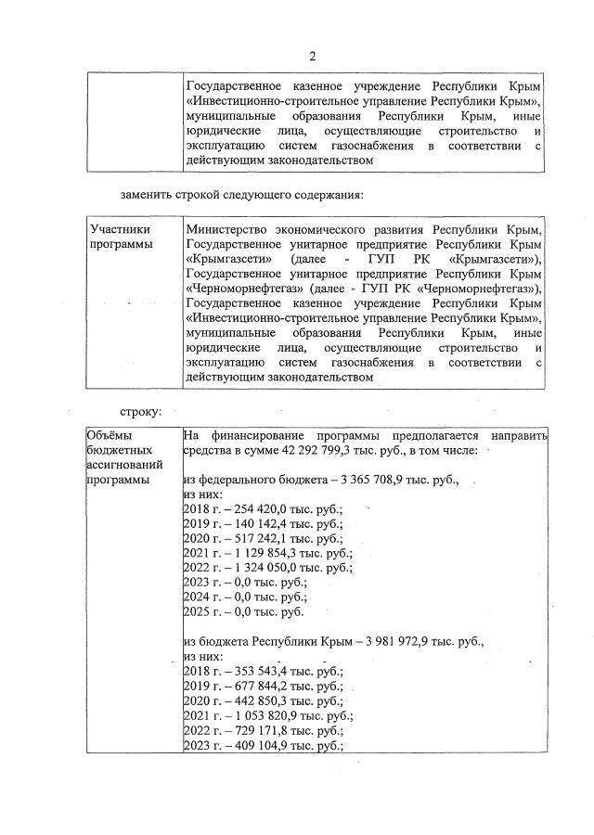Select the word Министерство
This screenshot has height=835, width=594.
click(x=228, y=229)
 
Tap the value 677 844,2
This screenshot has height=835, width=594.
click(x=252, y=687)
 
